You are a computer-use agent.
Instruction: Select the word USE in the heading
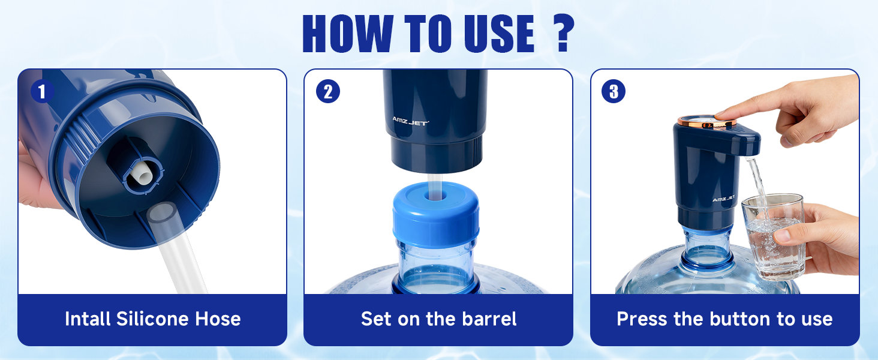click(x=500, y=34)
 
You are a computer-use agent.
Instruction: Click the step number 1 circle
click(x=43, y=92)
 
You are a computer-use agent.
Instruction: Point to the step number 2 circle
click(x=328, y=92)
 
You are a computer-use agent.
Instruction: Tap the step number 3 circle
click(x=614, y=92)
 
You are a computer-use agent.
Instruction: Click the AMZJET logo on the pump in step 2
click(x=411, y=121)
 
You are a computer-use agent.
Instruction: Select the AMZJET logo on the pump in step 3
click(x=723, y=199)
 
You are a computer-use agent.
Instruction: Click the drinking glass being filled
click(x=771, y=236)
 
